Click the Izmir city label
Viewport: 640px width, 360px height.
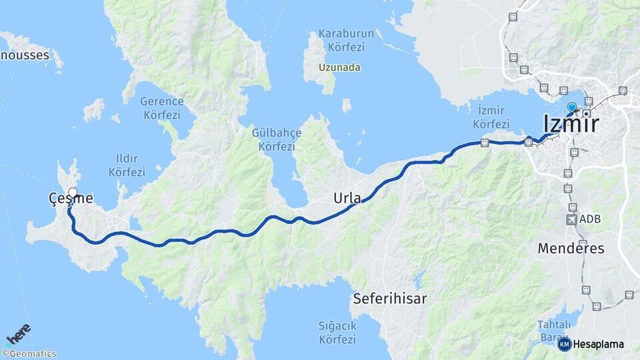click(x=571, y=124)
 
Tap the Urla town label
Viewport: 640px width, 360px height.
click(x=347, y=199)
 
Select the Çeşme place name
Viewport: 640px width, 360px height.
click(x=70, y=198)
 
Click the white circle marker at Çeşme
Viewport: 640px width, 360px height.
click(x=73, y=193)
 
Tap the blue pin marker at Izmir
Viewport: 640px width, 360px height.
click(x=571, y=107)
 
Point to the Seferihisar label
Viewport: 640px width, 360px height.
click(x=390, y=298)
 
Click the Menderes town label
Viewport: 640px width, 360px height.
click(x=571, y=249)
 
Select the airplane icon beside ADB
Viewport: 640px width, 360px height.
click(x=571, y=219)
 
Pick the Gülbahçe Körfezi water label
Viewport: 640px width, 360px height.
click(x=277, y=139)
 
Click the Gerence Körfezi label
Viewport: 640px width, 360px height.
click(x=161, y=108)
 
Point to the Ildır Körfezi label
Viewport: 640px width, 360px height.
click(x=127, y=165)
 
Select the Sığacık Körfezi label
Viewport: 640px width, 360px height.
click(x=337, y=332)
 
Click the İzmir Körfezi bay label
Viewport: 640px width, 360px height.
click(x=491, y=117)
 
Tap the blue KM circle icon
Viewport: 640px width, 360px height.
click(x=565, y=344)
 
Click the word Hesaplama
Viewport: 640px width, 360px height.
click(x=599, y=344)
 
